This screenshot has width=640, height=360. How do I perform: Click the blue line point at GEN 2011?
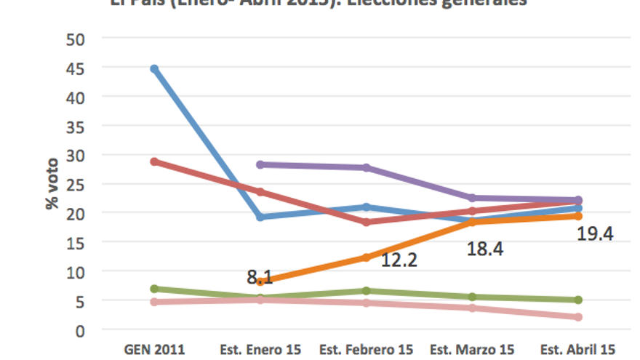[x=154, y=69]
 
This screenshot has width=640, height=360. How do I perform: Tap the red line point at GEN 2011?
[x=154, y=161]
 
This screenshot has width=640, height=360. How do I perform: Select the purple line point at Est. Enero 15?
[x=260, y=165]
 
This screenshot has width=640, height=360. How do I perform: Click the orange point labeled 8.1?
[x=260, y=281]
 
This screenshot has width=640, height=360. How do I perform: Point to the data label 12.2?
[x=399, y=260]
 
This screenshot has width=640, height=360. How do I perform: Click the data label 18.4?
[x=484, y=249]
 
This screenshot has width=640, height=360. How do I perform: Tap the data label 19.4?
[x=596, y=233]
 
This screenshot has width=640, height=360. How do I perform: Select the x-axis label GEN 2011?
[x=154, y=350]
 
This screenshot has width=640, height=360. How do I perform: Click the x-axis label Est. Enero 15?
[x=260, y=350]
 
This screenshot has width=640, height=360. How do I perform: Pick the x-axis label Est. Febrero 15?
[x=367, y=350]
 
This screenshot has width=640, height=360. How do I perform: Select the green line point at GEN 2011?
[x=154, y=289]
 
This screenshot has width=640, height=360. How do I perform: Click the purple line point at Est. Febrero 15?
[x=367, y=168]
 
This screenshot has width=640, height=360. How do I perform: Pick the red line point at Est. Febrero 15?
[x=367, y=222]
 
